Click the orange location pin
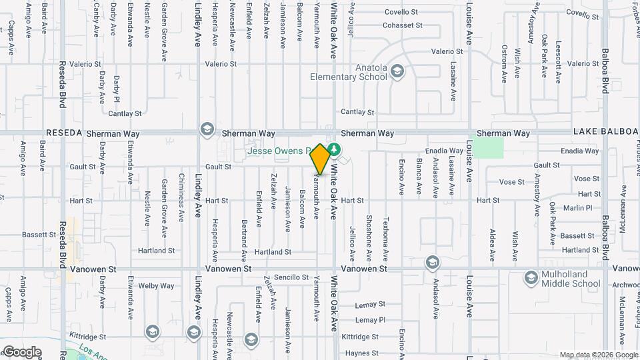pos(320,159)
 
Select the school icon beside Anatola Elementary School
pos(398,71)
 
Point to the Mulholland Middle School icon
pos(531,277)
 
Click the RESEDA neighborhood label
pos(63,133)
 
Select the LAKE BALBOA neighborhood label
pos(603,133)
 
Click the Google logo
pos(21,352)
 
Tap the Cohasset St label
pos(403,25)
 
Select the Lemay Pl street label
pos(371,321)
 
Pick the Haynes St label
pos(363,353)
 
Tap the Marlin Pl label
pos(577,208)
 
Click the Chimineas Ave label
pos(181,197)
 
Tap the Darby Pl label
pos(117,89)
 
